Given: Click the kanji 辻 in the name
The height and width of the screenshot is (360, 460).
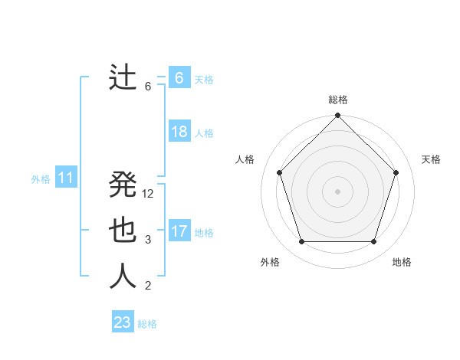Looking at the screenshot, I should pos(123,78).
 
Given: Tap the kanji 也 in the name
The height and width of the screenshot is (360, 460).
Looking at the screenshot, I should pos(123,231).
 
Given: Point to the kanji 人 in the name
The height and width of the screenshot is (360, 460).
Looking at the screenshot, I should pos(123,277).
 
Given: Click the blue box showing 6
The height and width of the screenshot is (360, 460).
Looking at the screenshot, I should pos(179,78).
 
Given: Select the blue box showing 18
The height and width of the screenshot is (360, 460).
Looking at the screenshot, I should pos(179,132).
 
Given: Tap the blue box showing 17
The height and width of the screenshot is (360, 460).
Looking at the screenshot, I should pos(179,231).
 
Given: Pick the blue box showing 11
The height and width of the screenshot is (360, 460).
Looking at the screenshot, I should pos(65,178).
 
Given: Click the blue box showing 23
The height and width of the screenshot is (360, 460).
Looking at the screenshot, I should pos(123,322).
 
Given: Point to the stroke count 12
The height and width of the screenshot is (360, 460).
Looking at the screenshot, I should pos(148,194).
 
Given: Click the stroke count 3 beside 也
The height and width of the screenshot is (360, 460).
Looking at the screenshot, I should pos(148,240).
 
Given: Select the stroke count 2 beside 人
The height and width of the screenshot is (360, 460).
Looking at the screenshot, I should pos(148,286).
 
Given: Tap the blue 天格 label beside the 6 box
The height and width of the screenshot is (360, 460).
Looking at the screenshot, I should pos(204,80).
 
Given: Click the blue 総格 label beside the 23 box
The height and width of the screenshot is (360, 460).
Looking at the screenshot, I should pos(147,324).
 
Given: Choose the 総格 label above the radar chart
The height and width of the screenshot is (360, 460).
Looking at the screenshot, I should pos(338,100).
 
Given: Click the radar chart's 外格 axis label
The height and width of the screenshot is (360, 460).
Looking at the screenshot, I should pos(270,262).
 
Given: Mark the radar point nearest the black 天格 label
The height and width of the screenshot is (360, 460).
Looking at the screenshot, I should pos(396,172).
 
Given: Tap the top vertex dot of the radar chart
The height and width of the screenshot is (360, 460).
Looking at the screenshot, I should pos(337,116).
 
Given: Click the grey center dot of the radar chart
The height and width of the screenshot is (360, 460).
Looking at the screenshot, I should pos(337,191).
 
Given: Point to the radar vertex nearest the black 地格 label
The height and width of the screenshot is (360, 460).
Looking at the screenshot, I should pos(373,242).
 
